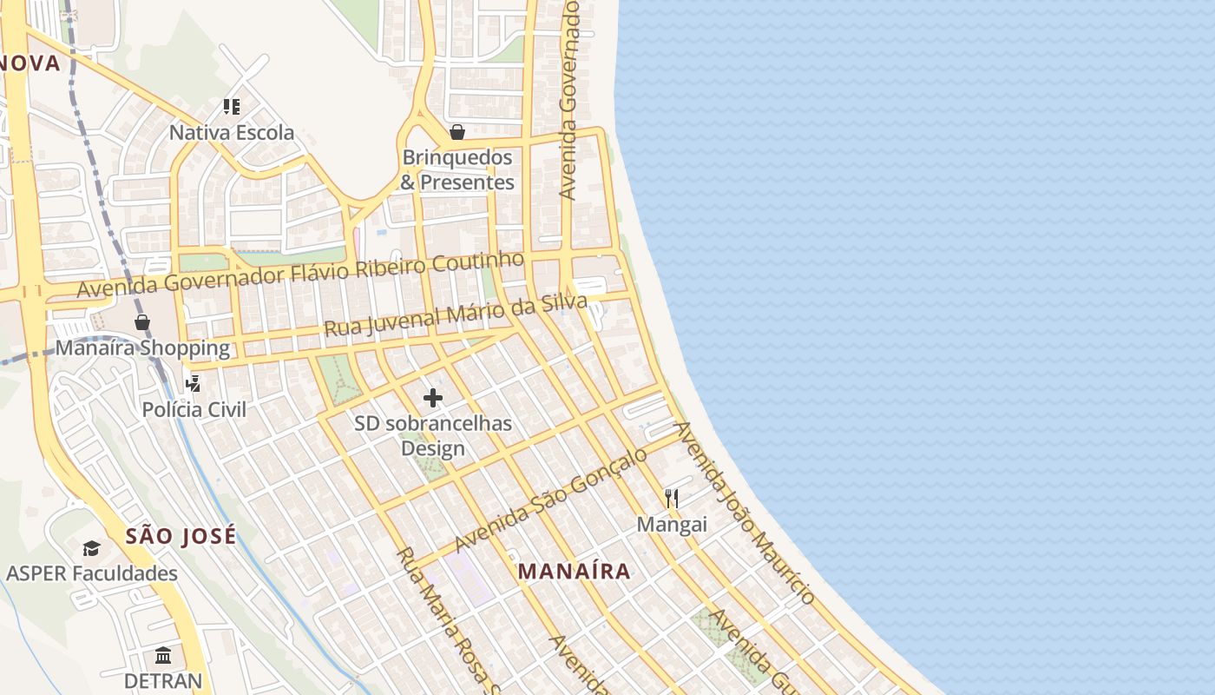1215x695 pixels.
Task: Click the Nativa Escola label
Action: click(232, 133)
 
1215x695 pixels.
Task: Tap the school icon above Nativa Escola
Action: click(231, 107)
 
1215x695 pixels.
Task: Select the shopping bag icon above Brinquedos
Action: click(457, 132)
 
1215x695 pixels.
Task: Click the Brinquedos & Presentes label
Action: click(457, 170)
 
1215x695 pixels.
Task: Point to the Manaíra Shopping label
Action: click(142, 348)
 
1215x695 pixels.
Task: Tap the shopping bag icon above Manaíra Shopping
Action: click(142, 322)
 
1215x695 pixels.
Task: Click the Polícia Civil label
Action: click(194, 409)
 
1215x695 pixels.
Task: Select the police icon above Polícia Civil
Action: click(193, 383)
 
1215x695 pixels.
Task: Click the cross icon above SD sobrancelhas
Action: click(432, 398)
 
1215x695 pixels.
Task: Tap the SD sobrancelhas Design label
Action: click(433, 436)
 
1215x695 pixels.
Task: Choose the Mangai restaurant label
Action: click(672, 525)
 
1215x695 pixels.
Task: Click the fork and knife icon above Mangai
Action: click(671, 498)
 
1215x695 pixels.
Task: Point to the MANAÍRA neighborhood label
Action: click(574, 572)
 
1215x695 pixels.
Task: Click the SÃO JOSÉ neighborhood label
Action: click(181, 536)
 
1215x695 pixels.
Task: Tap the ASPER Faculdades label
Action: click(92, 573)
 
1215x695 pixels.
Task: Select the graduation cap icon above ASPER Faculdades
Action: click(91, 548)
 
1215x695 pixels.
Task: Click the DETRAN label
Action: click(163, 680)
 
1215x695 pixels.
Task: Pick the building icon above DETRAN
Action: click(163, 655)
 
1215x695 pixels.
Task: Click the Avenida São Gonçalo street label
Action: click(551, 499)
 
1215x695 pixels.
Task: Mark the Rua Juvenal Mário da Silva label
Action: click(456, 315)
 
